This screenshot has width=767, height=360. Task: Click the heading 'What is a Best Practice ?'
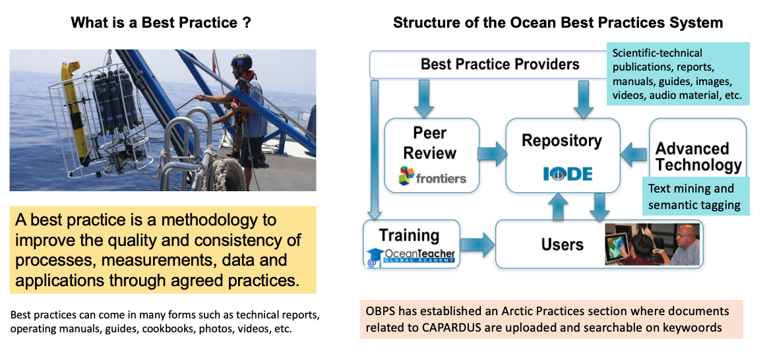coord(162,23)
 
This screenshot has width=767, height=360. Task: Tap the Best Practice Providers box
coord(489,65)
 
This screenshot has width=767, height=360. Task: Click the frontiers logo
coord(432,176)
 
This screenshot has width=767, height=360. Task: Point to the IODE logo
coord(567,173)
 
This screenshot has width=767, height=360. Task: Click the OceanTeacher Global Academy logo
coord(411,256)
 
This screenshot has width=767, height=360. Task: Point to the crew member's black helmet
coord(241,61)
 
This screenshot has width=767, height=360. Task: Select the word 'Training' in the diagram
coord(409,235)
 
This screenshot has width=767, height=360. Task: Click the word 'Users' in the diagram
coord(563,244)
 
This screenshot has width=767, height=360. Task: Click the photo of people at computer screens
coord(652,244)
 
